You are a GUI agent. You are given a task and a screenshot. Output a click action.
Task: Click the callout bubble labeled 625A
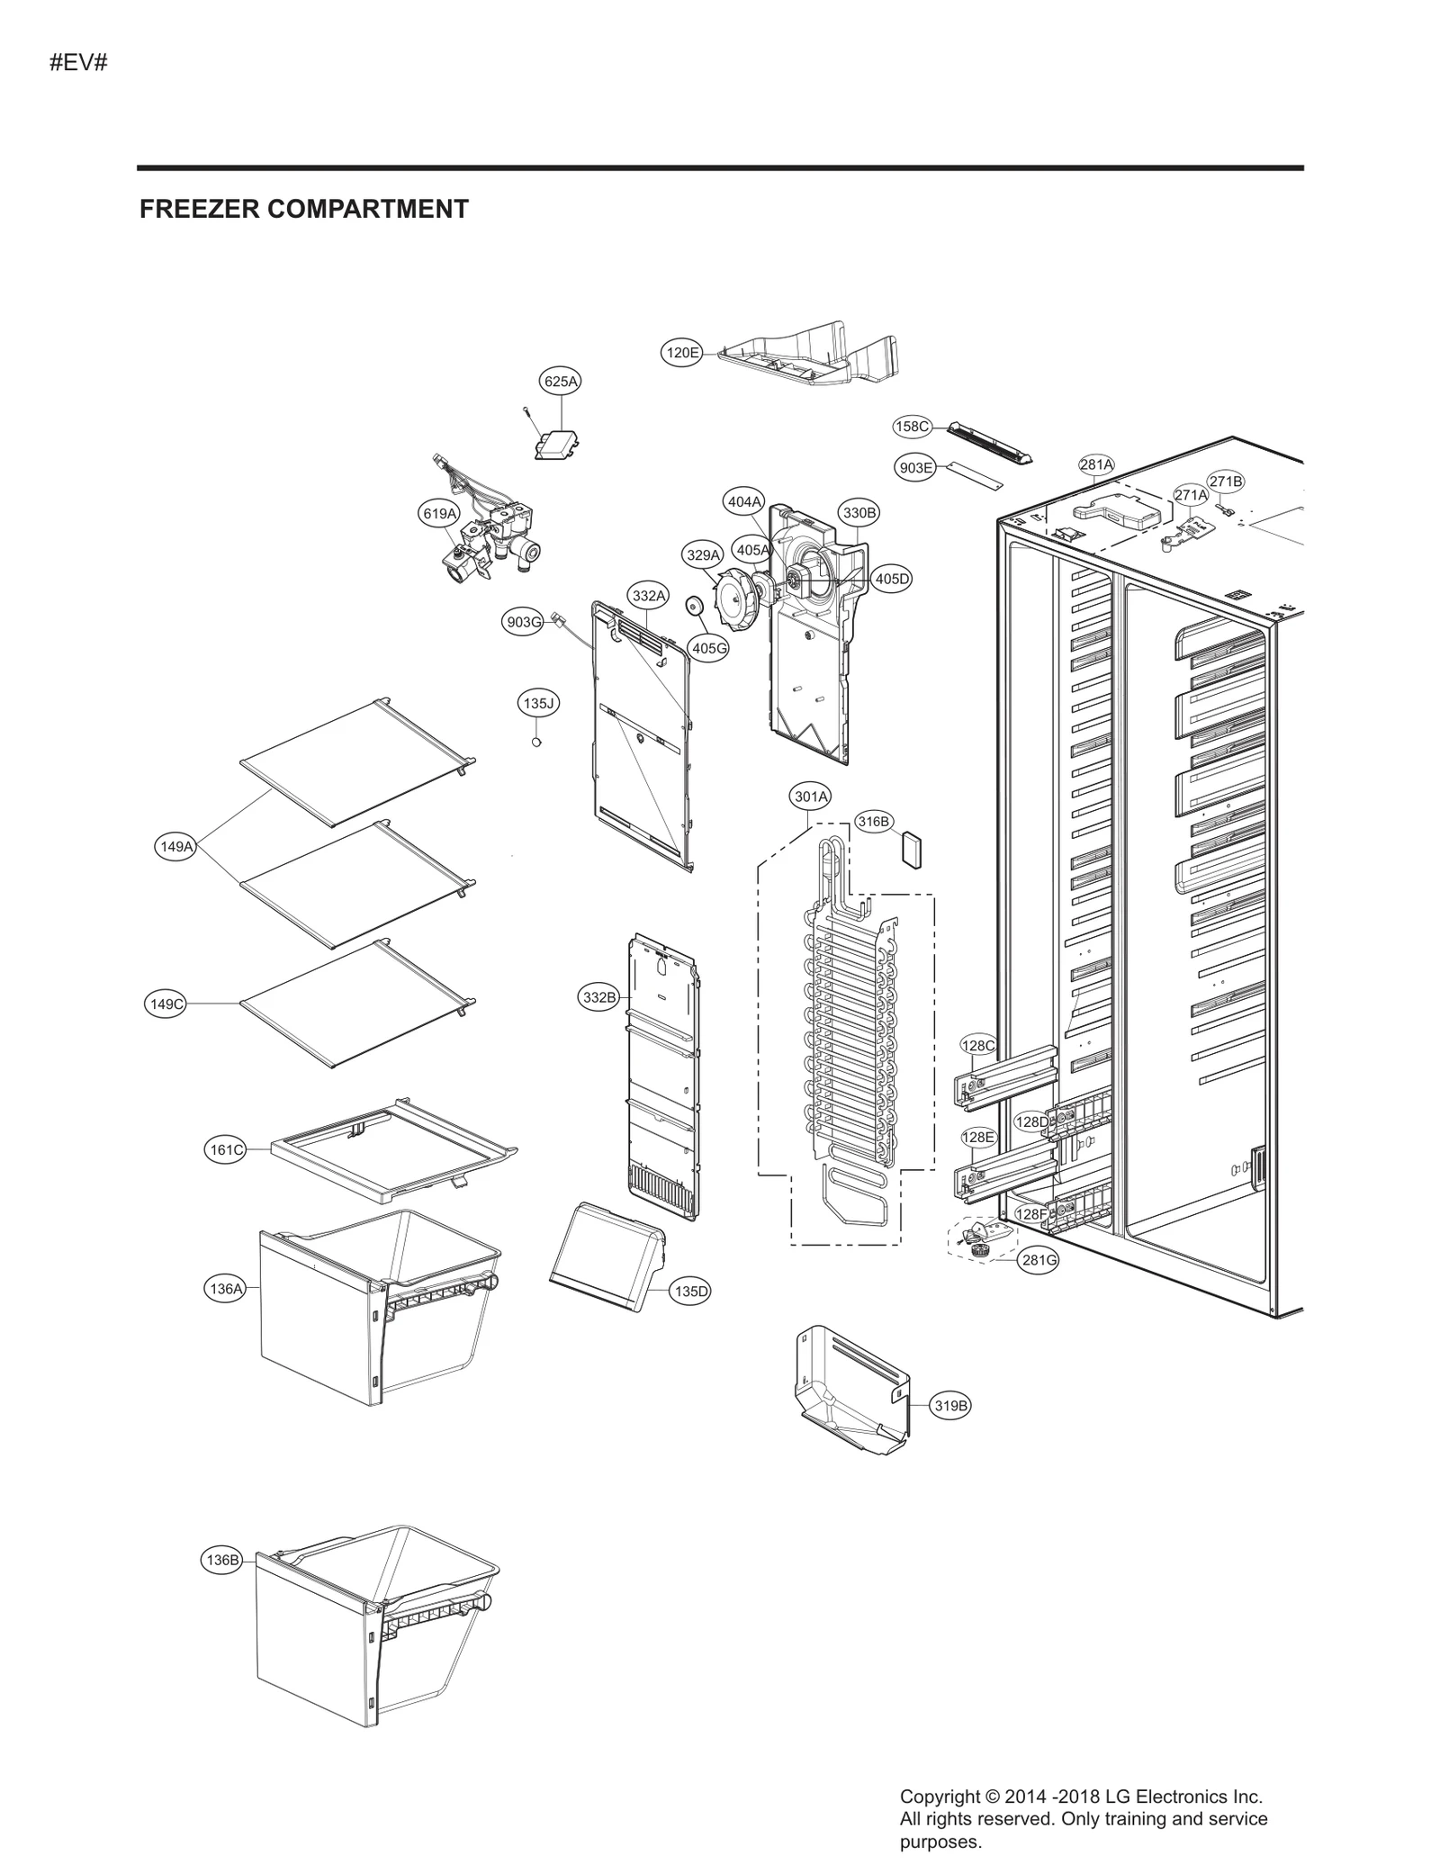[560, 382]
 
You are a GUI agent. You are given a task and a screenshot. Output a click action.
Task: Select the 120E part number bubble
[681, 353]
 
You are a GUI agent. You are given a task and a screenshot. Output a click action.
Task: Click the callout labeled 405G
[708, 647]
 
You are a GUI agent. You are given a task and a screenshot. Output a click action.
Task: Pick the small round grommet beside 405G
[695, 606]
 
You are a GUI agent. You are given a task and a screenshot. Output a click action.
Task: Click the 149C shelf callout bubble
[166, 1004]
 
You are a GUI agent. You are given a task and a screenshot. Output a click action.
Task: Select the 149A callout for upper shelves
[176, 846]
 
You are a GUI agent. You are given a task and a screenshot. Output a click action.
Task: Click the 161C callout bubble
[225, 1149]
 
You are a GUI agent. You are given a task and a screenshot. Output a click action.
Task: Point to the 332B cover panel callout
[599, 997]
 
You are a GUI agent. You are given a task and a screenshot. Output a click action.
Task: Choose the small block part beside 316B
[913, 849]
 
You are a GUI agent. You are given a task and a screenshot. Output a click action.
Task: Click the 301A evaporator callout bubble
[810, 797]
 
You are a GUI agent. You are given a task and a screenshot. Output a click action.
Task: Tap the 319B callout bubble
[950, 1405]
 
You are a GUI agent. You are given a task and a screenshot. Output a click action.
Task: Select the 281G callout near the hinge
[1038, 1260]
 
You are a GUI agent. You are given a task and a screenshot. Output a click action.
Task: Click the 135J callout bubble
[538, 703]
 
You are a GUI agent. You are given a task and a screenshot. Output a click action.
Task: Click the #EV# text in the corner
[78, 63]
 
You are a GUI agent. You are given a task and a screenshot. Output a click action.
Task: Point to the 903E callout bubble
[915, 468]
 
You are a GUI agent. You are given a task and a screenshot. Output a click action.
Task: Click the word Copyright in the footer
[940, 1796]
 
